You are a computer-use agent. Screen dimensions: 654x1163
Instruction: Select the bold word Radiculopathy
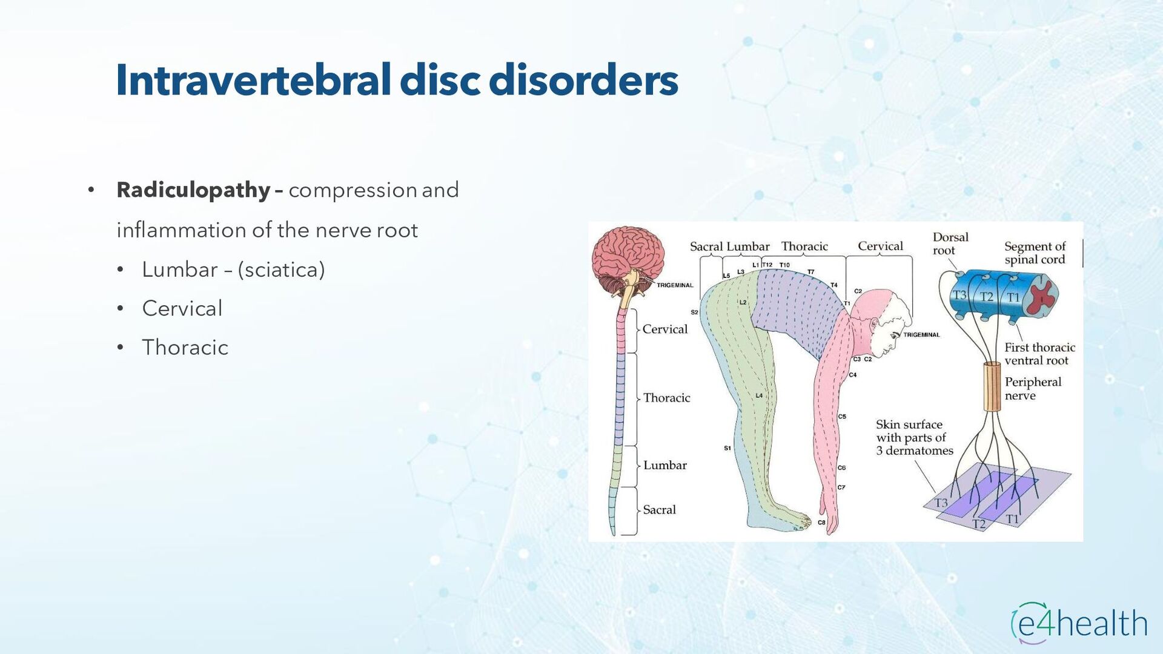coord(193,190)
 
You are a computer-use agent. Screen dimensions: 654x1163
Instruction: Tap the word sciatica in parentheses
coord(281,269)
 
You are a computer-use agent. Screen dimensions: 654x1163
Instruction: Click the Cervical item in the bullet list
coord(182,308)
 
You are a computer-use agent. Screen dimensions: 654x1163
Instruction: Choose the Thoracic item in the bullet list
coord(185,348)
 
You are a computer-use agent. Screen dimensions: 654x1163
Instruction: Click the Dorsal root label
coord(950,243)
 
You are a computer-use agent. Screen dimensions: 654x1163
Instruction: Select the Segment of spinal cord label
coord(1035,253)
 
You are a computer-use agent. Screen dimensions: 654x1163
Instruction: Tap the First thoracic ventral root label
coord(1039,354)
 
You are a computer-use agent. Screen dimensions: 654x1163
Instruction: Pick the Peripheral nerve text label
coord(1033,388)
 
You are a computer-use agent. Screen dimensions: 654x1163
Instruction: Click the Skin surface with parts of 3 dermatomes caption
coord(914,437)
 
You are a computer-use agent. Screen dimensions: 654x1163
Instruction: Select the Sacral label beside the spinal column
coord(659,510)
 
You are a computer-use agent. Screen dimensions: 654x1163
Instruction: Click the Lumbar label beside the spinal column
coord(664,465)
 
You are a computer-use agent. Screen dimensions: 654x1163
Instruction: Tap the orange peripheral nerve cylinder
coord(992,386)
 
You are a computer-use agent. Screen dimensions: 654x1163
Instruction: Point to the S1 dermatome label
coord(727,448)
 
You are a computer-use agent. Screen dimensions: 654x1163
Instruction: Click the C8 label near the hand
coord(821,523)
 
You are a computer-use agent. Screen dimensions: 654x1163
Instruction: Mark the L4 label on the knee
coord(759,395)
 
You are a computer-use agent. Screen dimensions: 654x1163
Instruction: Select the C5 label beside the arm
coord(842,417)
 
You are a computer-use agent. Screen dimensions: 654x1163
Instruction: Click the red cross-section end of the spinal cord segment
coord(1043,296)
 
